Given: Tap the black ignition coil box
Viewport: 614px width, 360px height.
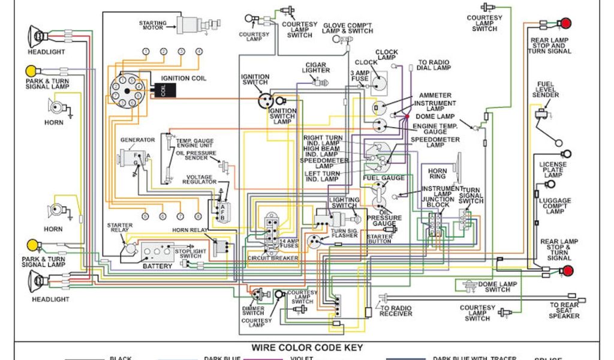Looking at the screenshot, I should (163, 90).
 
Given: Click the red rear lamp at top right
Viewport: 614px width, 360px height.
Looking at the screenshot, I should (565, 24).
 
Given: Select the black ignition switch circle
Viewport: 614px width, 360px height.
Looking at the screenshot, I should (265, 100).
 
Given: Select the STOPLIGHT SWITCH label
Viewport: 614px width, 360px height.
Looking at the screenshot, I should (191, 253).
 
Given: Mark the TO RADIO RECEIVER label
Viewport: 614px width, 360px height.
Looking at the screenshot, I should (396, 310).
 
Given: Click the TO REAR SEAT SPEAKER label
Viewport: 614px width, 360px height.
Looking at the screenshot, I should (564, 310).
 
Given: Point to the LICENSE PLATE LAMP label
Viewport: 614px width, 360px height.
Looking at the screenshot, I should (552, 170).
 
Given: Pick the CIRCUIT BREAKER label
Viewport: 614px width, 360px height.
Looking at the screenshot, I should (273, 258).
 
